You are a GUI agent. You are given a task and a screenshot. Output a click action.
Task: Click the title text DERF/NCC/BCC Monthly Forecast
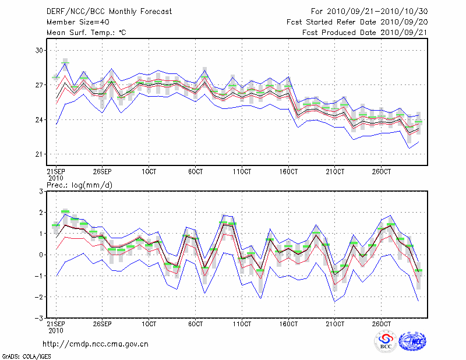[101, 11]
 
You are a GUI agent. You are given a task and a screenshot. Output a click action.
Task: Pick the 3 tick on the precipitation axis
[42, 192]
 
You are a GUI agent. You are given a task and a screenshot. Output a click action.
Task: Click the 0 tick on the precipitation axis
[42, 255]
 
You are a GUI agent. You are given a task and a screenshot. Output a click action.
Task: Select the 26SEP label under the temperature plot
[102, 173]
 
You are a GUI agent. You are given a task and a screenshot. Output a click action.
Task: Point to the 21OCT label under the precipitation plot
[335, 324]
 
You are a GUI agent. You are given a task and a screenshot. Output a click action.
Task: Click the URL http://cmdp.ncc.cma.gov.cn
[96, 344]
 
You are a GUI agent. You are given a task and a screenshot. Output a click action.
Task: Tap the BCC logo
[386, 342]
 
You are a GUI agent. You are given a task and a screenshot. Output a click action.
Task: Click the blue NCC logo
[412, 342]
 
